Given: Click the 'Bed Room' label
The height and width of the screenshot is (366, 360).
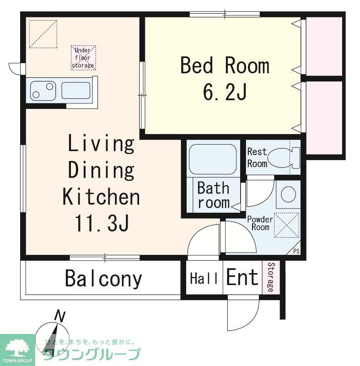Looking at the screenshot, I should tap(225, 66).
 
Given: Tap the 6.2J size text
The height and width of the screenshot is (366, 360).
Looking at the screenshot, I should tap(225, 93).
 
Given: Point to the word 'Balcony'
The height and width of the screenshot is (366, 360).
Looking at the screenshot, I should tap(103, 279).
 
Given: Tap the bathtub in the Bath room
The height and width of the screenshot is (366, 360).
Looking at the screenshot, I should tap(212, 159).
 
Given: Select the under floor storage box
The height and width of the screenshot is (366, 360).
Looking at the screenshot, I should tap(83, 58).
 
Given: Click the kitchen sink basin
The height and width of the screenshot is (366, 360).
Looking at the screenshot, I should tap(76, 90).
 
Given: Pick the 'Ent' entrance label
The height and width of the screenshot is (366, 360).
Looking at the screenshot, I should tap(242, 278).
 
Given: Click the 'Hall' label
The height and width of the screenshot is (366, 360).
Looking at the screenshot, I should tap(204, 278).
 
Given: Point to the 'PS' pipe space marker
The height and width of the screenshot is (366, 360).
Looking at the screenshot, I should tap(296, 251).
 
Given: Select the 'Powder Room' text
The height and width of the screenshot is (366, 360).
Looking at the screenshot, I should tap(260, 223).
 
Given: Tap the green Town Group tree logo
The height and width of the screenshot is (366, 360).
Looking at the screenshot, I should tap(17, 349).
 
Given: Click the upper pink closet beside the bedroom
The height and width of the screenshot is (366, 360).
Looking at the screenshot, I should tap(324, 46).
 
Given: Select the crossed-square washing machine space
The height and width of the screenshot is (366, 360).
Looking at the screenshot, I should tap(287, 226).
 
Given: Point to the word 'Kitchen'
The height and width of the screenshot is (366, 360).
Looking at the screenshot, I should tap(101, 197).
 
